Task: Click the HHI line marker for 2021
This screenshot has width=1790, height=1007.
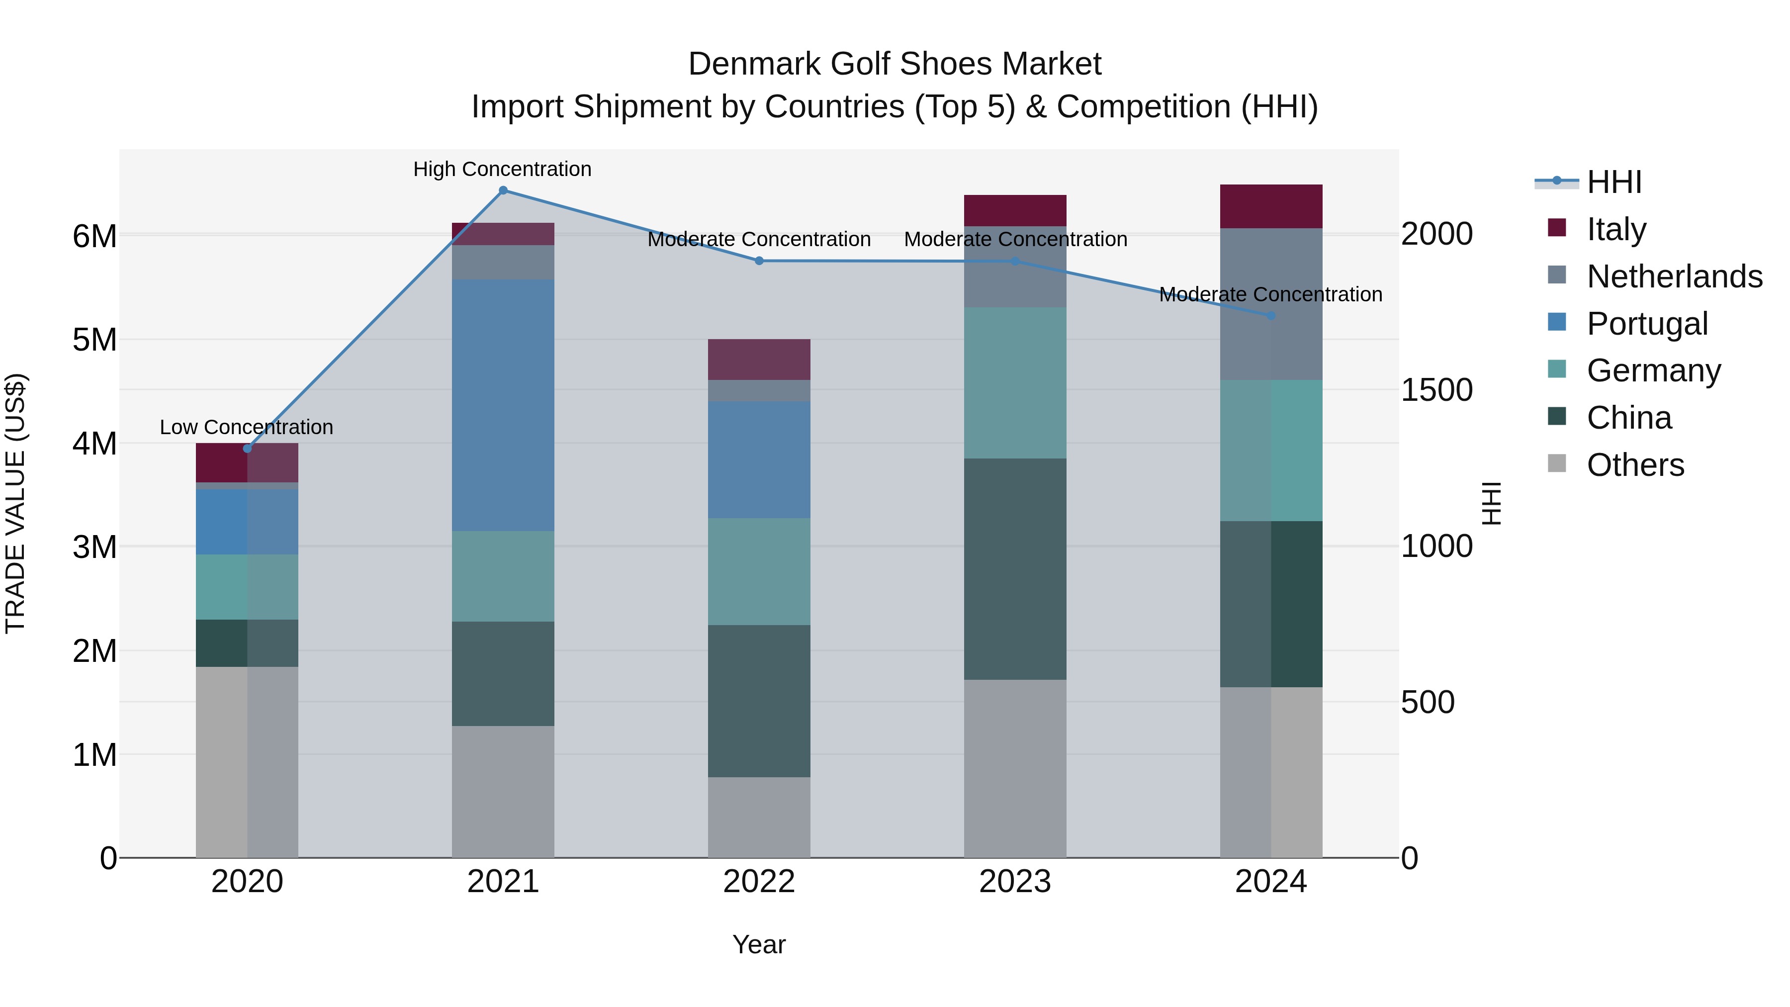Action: (503, 190)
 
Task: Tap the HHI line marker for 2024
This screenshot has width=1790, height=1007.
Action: (1271, 315)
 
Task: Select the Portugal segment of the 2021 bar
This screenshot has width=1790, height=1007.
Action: (503, 405)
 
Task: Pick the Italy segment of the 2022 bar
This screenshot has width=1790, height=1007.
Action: (759, 360)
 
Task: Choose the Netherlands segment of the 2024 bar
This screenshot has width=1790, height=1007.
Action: (1271, 304)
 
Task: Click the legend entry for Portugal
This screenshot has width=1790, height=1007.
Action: (1646, 324)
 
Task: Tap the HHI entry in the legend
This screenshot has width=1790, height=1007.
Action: (1613, 182)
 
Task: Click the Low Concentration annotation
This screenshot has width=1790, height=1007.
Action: (246, 427)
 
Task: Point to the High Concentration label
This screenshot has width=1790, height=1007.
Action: (502, 169)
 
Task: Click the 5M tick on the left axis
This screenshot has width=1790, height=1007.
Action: (94, 340)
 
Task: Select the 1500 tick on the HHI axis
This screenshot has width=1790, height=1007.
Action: (1435, 390)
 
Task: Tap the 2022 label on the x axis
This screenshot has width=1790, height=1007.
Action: (759, 882)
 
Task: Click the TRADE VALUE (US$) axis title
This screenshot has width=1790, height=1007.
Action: (15, 503)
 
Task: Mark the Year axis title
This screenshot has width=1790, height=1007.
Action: (759, 944)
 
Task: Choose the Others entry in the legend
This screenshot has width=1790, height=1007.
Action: (1634, 465)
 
